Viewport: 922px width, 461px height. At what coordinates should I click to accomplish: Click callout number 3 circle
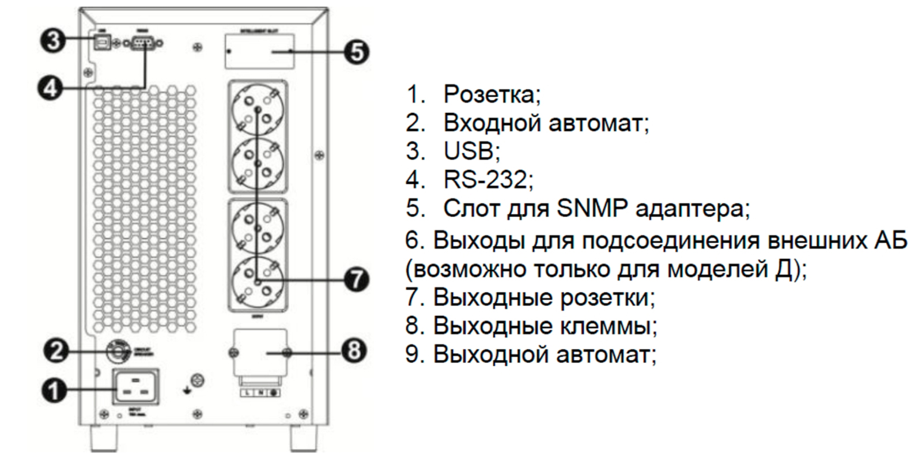pyautogui.click(x=52, y=41)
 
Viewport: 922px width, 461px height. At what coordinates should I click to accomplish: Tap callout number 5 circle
pyautogui.click(x=357, y=52)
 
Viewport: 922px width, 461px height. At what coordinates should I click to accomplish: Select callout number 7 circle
pyautogui.click(x=357, y=280)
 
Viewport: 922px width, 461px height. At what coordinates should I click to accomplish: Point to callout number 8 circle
pyautogui.click(x=354, y=350)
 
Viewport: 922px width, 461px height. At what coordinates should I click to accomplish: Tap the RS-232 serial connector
pyautogui.click(x=142, y=43)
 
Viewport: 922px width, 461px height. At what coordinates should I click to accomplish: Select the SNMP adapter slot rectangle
pyautogui.click(x=259, y=52)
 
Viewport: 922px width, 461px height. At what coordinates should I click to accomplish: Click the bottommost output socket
pyautogui.click(x=258, y=280)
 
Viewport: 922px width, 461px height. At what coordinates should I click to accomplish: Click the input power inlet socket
pyautogui.click(x=136, y=387)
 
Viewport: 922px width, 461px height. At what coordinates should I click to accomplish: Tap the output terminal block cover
pyautogui.click(x=260, y=353)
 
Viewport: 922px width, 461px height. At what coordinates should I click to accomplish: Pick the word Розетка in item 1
pyautogui.click(x=490, y=95)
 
